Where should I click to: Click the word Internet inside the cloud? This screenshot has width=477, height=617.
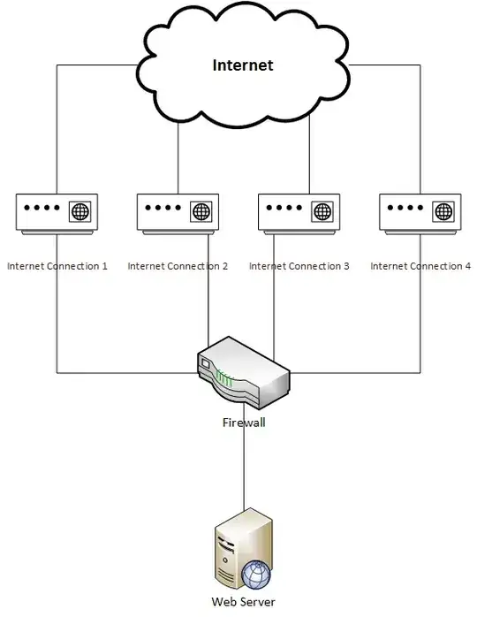click(x=243, y=65)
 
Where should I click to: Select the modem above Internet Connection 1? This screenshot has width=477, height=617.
click(x=57, y=213)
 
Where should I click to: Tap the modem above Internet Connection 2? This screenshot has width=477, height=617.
click(x=178, y=213)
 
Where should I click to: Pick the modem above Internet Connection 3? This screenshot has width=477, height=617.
click(x=299, y=213)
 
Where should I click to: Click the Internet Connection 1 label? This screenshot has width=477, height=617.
click(x=57, y=266)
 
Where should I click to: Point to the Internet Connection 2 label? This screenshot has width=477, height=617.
click(x=178, y=266)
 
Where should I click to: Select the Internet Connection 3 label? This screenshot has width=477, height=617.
click(x=299, y=266)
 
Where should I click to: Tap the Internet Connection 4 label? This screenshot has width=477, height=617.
click(x=420, y=266)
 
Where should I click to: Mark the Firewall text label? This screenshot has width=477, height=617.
click(x=244, y=423)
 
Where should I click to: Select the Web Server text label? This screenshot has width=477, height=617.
click(x=245, y=602)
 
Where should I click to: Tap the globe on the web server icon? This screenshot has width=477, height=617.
click(x=256, y=575)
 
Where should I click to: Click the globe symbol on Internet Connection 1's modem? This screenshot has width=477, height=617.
click(x=80, y=212)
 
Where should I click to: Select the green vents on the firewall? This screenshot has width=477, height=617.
click(x=225, y=380)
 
